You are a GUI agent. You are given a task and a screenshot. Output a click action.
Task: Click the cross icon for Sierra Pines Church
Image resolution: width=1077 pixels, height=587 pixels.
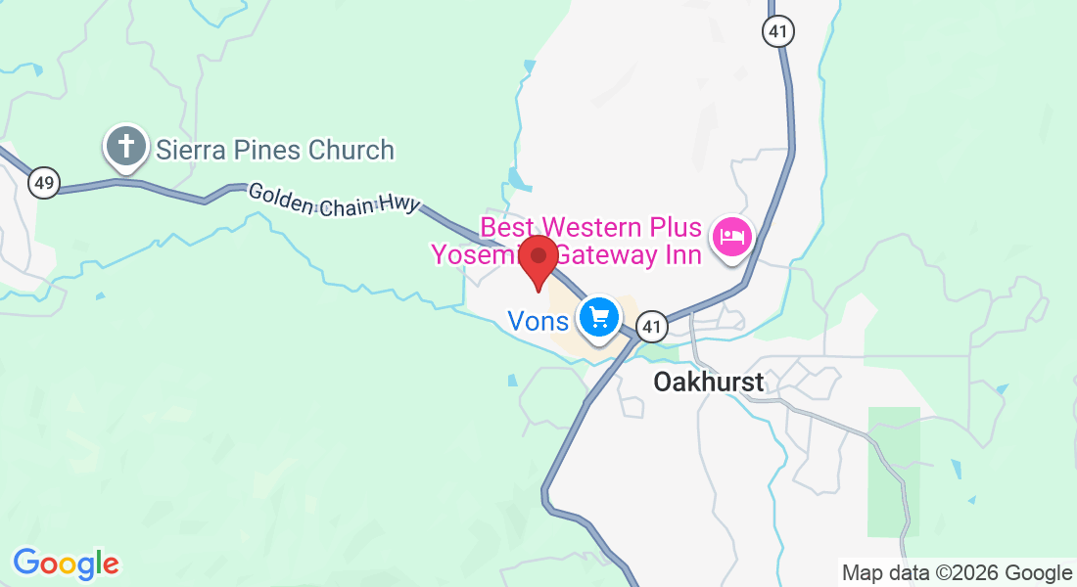click(125, 148)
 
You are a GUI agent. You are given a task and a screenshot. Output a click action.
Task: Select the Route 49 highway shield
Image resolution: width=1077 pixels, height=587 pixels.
click(44, 181)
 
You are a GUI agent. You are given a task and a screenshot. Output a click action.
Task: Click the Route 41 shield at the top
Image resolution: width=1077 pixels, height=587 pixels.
click(777, 31)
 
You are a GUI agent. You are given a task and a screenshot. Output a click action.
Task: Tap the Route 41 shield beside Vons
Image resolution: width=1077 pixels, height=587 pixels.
click(653, 326)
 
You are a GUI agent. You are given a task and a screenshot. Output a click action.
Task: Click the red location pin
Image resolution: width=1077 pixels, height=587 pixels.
click(538, 259)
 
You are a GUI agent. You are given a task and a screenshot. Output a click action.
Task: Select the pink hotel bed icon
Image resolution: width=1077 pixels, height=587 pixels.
click(732, 236)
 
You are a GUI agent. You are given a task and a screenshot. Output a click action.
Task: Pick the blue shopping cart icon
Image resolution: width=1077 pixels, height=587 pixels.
click(598, 317)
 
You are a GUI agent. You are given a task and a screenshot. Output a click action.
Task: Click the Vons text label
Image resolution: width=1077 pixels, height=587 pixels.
click(538, 321)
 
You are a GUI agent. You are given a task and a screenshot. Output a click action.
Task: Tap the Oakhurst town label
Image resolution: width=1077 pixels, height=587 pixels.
click(708, 383)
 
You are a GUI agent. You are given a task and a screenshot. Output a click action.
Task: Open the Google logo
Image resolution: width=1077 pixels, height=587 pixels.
click(66, 564)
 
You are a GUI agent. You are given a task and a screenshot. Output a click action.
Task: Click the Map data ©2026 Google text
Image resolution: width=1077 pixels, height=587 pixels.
click(957, 572)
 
